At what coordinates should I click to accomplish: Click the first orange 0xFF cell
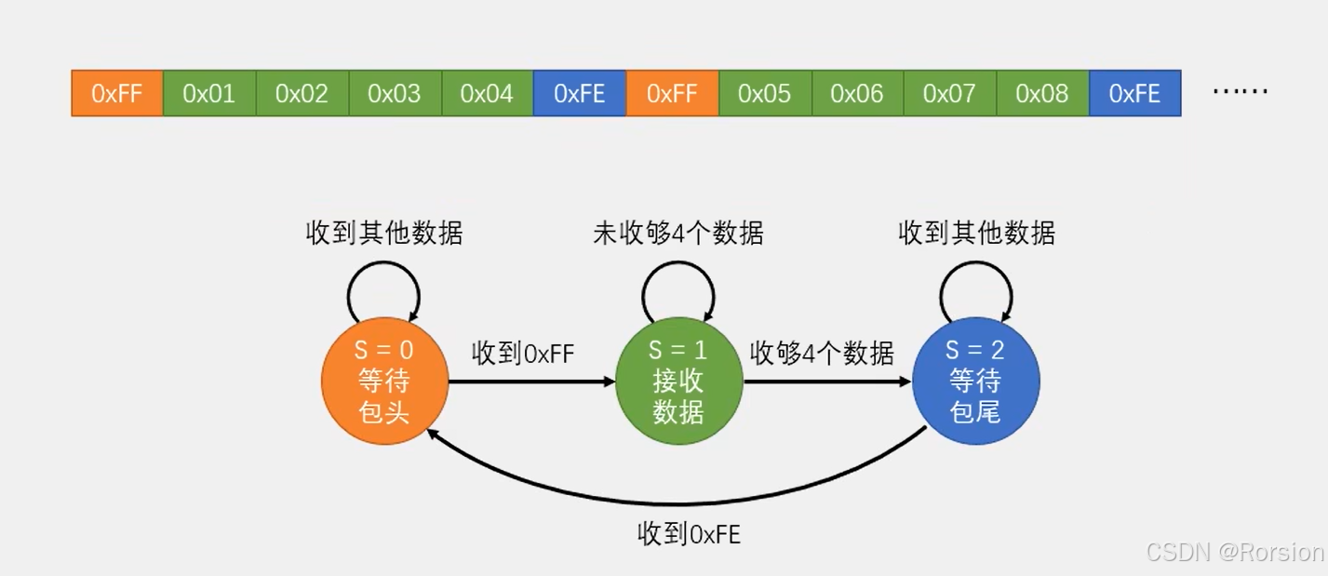click(x=117, y=93)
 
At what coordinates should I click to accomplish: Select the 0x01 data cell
click(x=209, y=93)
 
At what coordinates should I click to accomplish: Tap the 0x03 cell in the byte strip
click(x=395, y=93)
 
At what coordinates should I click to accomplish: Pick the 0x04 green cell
click(x=487, y=93)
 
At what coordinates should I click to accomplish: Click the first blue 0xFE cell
click(x=579, y=93)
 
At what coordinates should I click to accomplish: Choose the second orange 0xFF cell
click(x=672, y=93)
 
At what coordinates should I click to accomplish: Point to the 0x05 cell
click(x=764, y=93)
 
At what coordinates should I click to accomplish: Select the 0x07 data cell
click(x=949, y=93)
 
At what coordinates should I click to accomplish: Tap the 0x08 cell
click(x=1041, y=93)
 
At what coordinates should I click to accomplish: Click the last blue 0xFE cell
click(x=1134, y=93)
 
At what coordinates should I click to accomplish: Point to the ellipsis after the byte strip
click(x=1241, y=92)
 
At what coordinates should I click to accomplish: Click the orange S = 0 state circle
click(x=384, y=382)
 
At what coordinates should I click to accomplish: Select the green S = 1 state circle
click(x=678, y=382)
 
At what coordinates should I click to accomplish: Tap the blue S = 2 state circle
click(x=975, y=382)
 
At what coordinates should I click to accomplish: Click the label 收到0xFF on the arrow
click(x=523, y=354)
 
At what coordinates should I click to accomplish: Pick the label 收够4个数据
click(x=822, y=354)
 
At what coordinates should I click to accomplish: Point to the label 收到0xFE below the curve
click(x=689, y=534)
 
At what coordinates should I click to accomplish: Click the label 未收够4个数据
click(x=678, y=233)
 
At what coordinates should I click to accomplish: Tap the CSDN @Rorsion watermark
click(x=1235, y=552)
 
